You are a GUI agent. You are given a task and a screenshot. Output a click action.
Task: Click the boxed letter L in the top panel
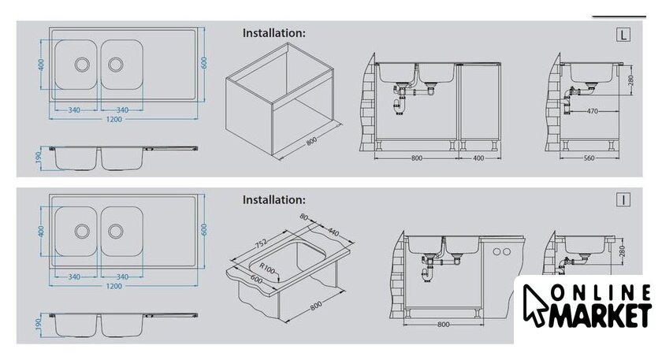click(623, 35)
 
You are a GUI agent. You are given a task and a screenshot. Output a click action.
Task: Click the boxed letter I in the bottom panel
click(623, 199)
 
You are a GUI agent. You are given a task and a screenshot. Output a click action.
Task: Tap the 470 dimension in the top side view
click(593, 111)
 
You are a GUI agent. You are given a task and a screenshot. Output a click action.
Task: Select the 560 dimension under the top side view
click(589, 158)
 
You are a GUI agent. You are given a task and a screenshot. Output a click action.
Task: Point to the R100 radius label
click(267, 268)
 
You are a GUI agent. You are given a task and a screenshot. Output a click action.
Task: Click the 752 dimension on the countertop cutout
click(261, 244)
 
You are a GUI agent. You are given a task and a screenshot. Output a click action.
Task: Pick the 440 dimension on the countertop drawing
click(333, 232)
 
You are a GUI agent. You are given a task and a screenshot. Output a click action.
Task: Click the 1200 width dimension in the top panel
click(113, 120)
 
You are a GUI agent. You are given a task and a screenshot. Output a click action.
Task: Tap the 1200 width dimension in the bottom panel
click(113, 286)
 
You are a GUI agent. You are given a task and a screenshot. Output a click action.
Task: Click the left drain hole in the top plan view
click(82, 64)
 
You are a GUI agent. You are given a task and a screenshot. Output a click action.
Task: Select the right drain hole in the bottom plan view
click(115, 231)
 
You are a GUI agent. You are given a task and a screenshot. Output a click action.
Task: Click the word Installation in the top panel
click(273, 33)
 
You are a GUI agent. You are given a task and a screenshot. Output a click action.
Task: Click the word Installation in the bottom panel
click(273, 199)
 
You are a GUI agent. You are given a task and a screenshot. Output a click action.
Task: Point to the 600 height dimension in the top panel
click(204, 63)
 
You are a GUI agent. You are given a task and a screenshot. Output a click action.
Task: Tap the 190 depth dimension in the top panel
click(39, 157)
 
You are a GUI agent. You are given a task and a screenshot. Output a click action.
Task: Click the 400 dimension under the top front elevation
click(478, 158)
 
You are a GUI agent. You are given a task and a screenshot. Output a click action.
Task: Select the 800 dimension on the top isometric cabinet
click(311, 141)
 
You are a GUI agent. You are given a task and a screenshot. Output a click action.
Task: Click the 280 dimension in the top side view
click(631, 80)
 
